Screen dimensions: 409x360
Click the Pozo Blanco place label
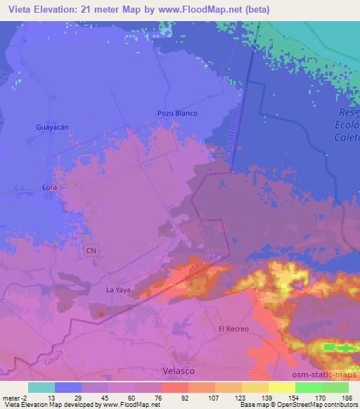(x=177, y=113)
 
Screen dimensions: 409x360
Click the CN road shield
(x=90, y=249)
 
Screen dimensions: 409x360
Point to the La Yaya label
(x=118, y=289)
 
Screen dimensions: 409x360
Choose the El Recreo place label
(x=233, y=329)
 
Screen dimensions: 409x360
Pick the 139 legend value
(x=266, y=397)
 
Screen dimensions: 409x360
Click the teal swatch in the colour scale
(x=41, y=387)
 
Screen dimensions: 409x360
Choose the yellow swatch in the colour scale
(x=281, y=387)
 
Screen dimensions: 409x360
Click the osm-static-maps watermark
(x=330, y=373)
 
